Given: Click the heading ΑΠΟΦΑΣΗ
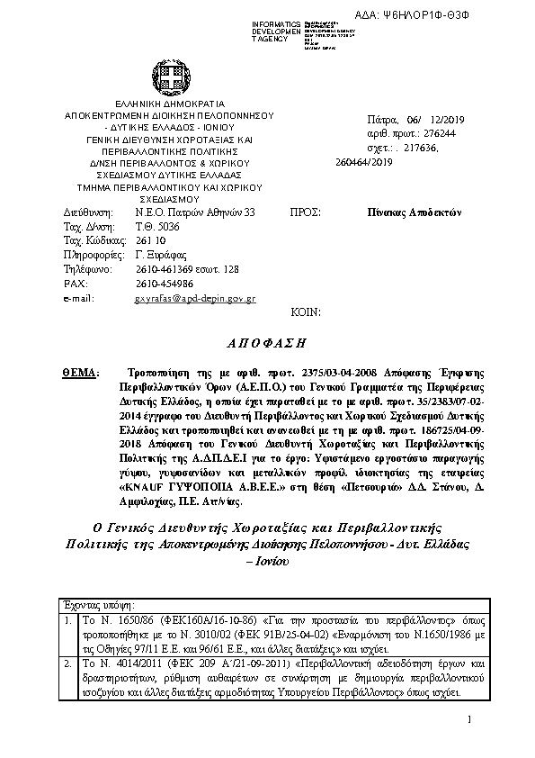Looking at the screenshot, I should point(268,343).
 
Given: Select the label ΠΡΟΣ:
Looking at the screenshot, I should point(304,212).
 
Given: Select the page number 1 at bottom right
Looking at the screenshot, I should point(469,744).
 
